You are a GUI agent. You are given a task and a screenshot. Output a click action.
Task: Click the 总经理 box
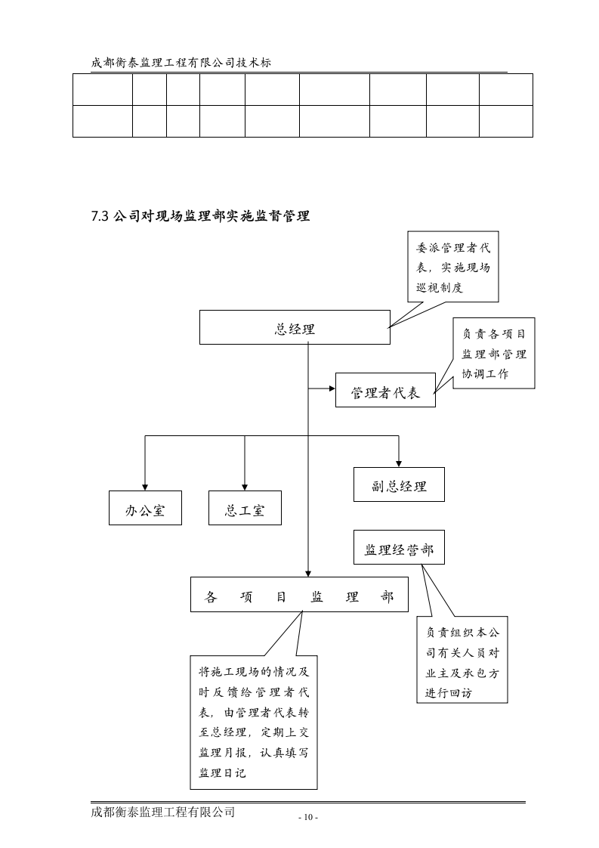tap(295, 327)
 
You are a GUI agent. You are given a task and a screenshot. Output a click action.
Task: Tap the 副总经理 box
tap(399, 484)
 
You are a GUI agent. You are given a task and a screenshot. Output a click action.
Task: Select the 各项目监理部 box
tap(299, 595)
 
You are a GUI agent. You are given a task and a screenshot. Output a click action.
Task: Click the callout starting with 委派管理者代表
tap(452, 268)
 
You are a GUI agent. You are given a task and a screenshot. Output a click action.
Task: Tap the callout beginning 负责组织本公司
tap(462, 661)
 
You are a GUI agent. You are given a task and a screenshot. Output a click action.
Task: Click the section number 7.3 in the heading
tap(100, 216)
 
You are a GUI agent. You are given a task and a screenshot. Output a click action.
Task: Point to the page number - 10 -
tap(307, 818)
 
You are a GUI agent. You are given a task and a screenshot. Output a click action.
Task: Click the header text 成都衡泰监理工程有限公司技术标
tap(181, 63)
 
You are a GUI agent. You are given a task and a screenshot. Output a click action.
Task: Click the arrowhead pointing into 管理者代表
tap(332, 389)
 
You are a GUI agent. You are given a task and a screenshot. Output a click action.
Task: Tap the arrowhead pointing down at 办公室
tap(145, 487)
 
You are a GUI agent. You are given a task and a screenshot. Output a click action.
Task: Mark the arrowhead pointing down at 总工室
tap(245, 487)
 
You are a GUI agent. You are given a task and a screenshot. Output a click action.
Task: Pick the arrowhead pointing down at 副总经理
tap(399, 463)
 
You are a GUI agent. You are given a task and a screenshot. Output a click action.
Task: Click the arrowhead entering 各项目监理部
tap(308, 574)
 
